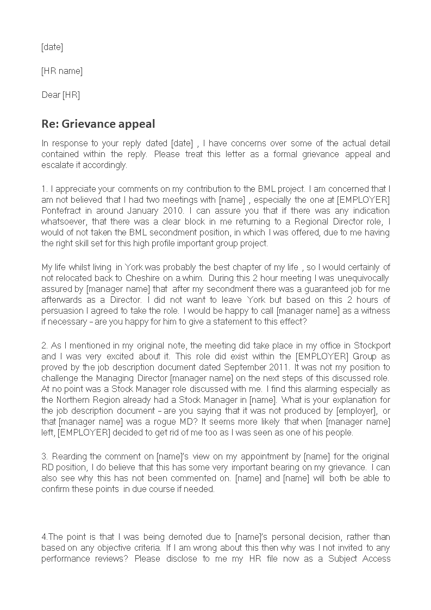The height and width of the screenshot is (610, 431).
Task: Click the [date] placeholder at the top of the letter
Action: (52, 47)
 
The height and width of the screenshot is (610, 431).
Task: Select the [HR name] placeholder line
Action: (62, 71)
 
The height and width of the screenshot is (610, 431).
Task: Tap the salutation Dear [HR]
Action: (61, 95)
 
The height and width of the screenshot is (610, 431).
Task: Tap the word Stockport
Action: (372, 345)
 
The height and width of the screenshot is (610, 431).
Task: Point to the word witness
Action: (377, 310)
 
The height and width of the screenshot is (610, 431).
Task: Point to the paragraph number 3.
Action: (44, 456)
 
